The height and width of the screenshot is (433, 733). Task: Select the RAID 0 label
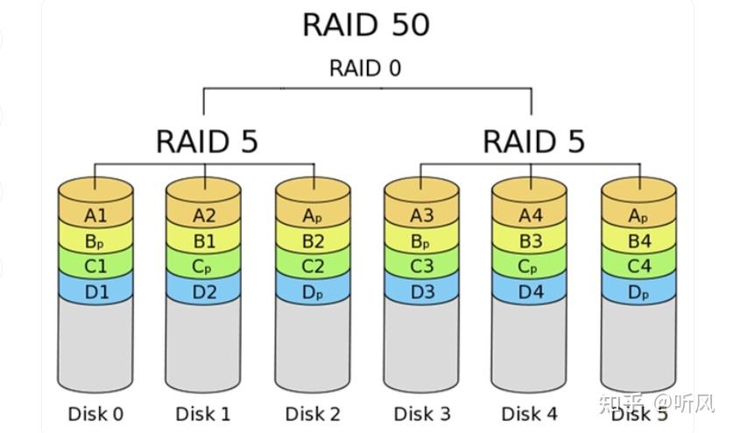click(365, 68)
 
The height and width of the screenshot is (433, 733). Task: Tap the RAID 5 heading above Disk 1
click(207, 141)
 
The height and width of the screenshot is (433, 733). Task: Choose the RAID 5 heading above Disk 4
click(533, 141)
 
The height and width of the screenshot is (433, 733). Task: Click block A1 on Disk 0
click(96, 215)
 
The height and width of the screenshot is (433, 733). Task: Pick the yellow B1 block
click(204, 241)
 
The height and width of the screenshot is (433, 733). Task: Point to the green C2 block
click(313, 266)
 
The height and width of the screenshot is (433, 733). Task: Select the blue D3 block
click(421, 291)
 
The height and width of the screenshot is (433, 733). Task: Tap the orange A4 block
click(530, 215)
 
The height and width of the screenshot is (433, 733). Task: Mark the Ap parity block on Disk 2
click(313, 215)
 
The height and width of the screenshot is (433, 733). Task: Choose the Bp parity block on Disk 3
click(421, 241)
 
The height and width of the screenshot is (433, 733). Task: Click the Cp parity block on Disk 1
click(204, 266)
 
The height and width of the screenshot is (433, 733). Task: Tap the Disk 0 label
click(96, 413)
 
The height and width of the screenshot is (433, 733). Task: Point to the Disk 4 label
click(530, 413)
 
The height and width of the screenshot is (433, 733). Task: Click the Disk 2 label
click(313, 413)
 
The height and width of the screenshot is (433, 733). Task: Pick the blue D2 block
click(204, 291)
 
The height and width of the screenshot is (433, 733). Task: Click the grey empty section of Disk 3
click(421, 346)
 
